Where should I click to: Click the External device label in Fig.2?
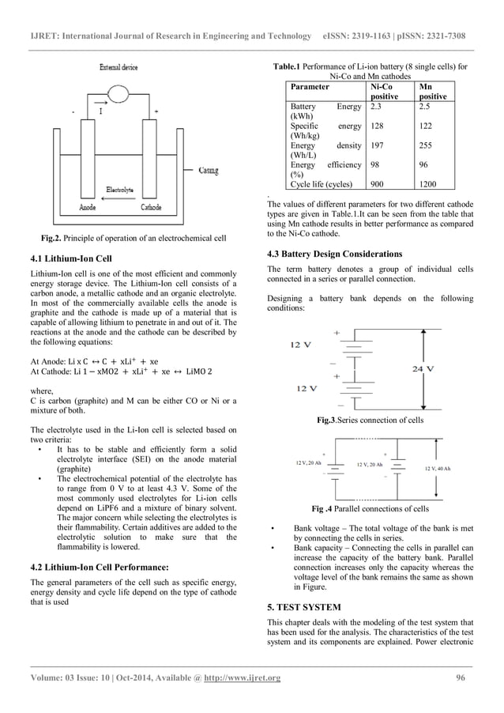(x=118, y=68)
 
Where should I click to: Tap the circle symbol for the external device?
(x=122, y=94)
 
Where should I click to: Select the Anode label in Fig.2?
(x=88, y=207)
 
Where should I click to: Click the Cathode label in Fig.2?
(x=151, y=207)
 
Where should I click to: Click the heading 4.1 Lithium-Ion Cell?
(x=70, y=258)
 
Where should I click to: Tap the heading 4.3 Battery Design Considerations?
(x=335, y=254)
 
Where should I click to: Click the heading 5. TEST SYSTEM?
(x=304, y=607)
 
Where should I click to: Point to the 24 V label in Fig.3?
(x=424, y=368)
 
